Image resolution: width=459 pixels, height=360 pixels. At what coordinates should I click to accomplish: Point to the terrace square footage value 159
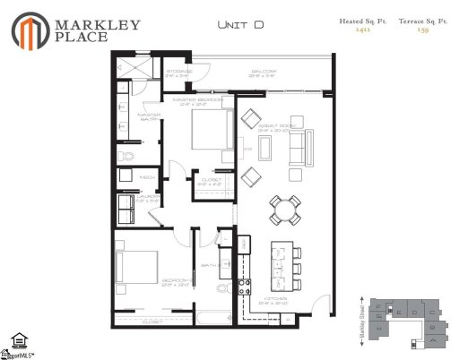coord(421,30)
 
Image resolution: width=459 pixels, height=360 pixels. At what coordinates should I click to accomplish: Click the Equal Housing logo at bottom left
coord(17,340)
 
